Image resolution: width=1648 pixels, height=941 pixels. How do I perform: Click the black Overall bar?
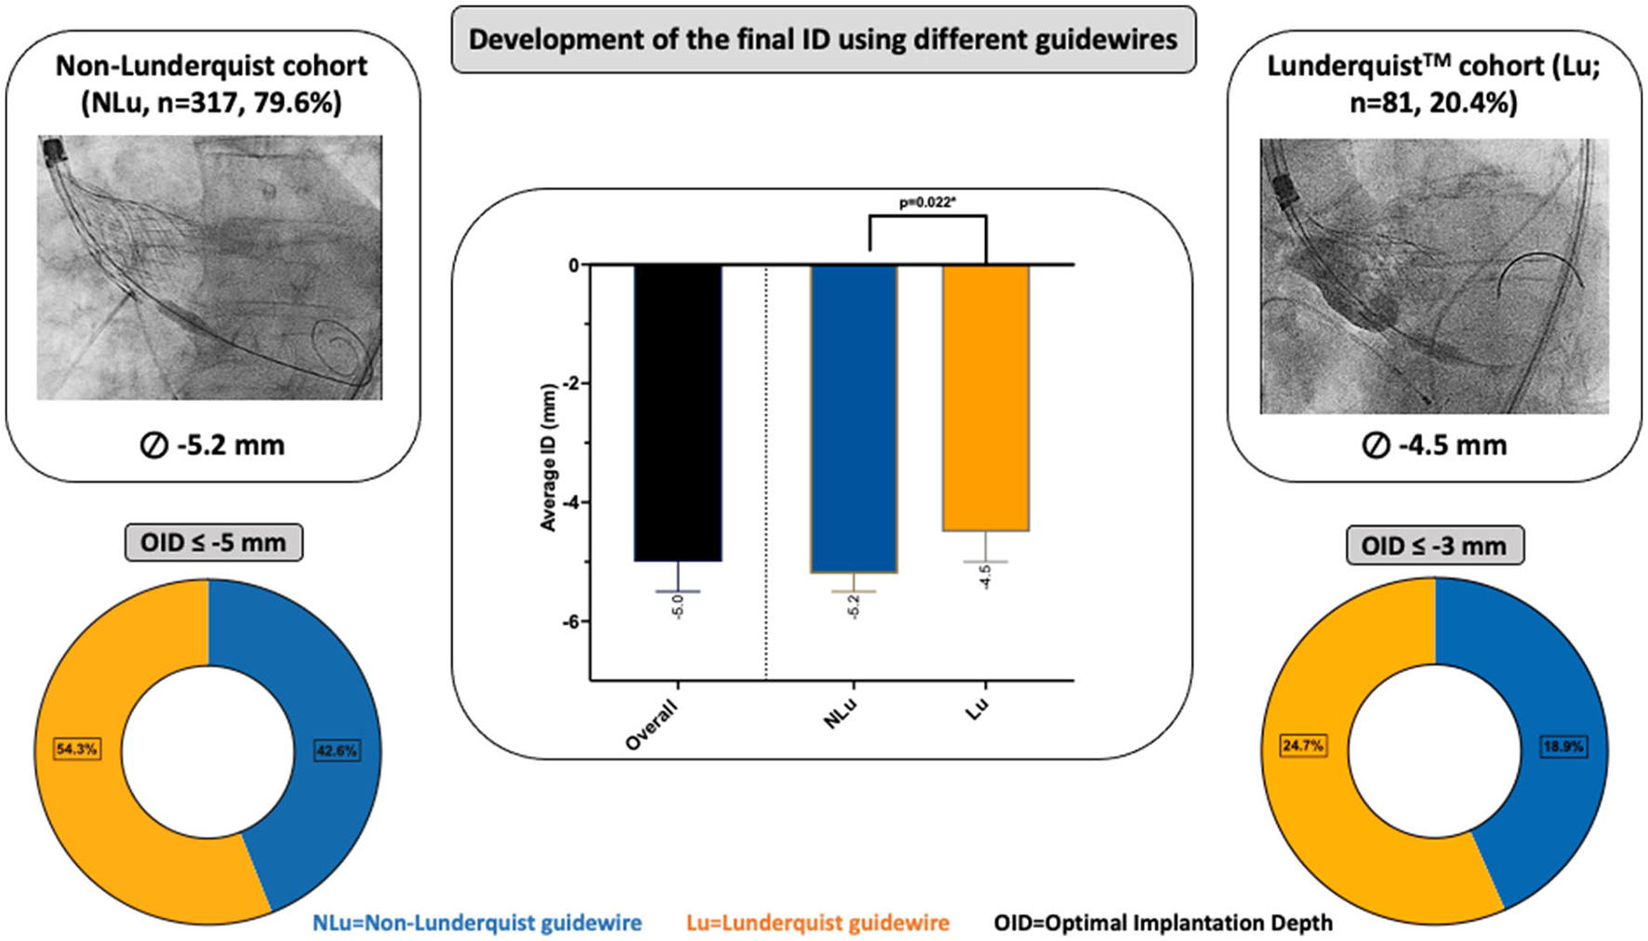(678, 413)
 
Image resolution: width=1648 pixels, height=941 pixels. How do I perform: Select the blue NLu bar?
(854, 418)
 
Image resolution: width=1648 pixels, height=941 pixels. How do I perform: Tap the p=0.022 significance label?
(926, 202)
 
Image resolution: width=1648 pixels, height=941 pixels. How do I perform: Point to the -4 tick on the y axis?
(572, 503)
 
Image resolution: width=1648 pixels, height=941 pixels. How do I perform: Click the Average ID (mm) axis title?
(548, 457)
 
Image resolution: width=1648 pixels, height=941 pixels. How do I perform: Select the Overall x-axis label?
(652, 725)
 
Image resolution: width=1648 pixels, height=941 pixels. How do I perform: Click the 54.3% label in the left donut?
(76, 749)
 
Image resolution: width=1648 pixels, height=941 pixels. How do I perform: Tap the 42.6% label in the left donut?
(337, 750)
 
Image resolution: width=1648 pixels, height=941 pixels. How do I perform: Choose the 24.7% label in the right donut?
(1302, 746)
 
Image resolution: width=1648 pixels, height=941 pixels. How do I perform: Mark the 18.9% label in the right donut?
(1562, 747)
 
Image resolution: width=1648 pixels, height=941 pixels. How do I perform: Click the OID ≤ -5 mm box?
(213, 543)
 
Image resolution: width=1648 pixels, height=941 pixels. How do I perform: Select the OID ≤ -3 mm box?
(1434, 546)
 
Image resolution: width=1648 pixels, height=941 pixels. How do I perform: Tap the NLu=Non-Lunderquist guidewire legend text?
(477, 923)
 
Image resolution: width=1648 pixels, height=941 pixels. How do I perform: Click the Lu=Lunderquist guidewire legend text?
(817, 923)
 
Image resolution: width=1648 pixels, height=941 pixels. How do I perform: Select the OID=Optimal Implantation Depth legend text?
(1163, 923)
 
